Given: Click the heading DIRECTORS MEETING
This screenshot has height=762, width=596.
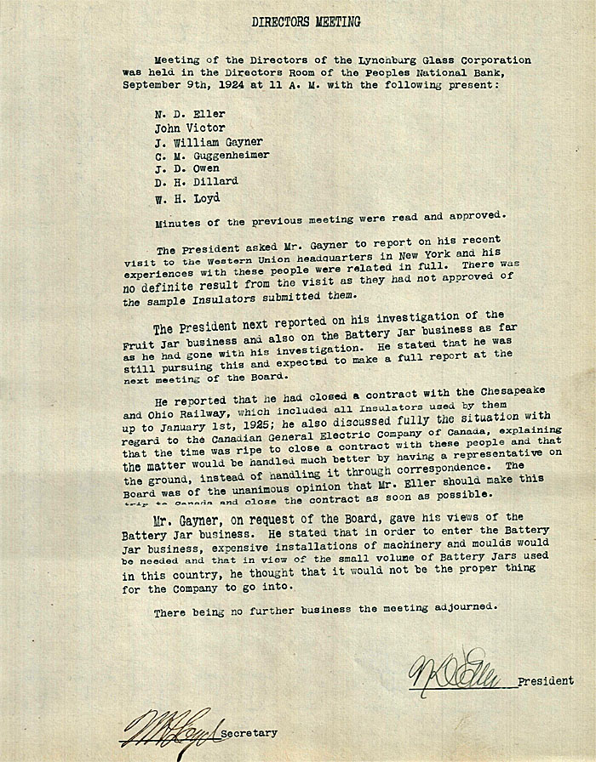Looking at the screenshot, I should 306,22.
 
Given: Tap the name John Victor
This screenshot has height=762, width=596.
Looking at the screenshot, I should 190,128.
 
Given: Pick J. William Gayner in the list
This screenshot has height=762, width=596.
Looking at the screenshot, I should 209,141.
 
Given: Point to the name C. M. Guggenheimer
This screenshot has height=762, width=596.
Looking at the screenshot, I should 213,155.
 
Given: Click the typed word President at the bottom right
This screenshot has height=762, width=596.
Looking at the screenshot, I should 544,682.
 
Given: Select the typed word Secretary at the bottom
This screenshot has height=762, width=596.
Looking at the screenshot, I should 248,732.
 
